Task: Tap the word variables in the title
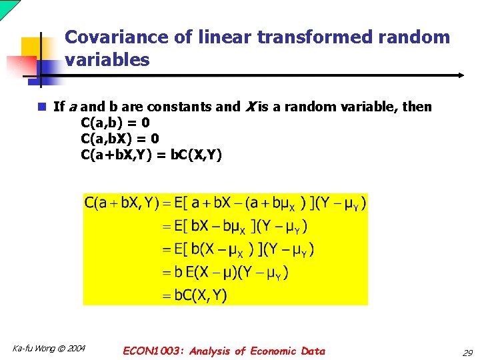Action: tap(107, 60)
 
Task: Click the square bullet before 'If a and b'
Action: tap(41, 107)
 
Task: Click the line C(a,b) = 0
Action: tap(115, 123)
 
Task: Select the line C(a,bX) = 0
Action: tap(119, 139)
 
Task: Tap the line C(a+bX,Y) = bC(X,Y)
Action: tap(151, 155)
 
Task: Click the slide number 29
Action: tap(467, 352)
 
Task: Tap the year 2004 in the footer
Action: tap(75, 349)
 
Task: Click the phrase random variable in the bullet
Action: tap(347, 107)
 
